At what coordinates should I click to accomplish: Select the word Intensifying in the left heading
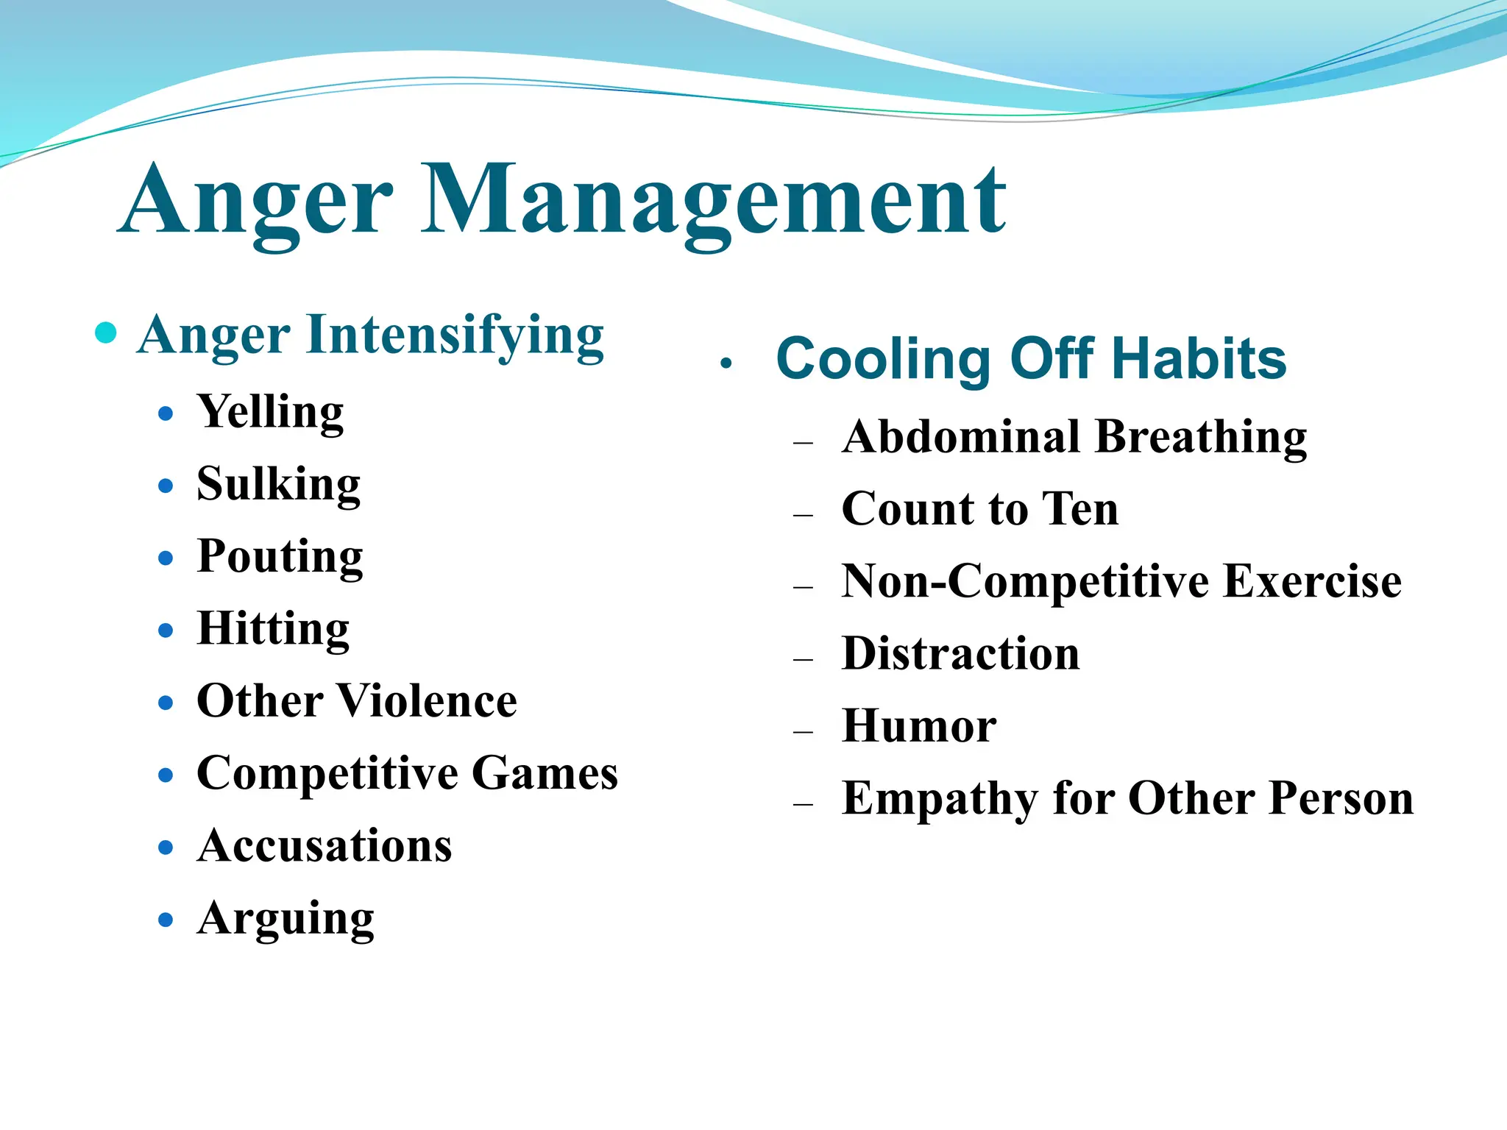click(x=454, y=335)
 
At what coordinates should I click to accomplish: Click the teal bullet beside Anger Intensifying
click(x=107, y=333)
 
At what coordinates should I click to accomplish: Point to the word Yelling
click(x=270, y=412)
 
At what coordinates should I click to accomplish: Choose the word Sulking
click(x=278, y=485)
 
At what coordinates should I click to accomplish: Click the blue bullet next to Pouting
click(x=166, y=558)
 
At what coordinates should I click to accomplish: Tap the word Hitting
click(x=273, y=629)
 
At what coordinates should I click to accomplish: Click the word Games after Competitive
click(x=545, y=774)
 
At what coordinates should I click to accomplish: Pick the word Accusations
click(x=325, y=846)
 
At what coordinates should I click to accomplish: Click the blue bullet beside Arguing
click(x=166, y=920)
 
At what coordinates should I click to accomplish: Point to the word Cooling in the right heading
click(x=883, y=359)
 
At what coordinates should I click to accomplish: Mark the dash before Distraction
click(x=803, y=660)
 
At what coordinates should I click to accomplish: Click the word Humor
click(x=919, y=727)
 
